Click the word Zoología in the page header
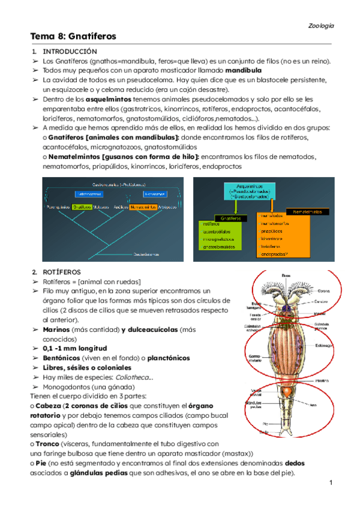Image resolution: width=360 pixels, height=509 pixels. pyautogui.click(x=321, y=26)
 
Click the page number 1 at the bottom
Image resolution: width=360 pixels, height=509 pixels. pyautogui.click(x=330, y=483)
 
